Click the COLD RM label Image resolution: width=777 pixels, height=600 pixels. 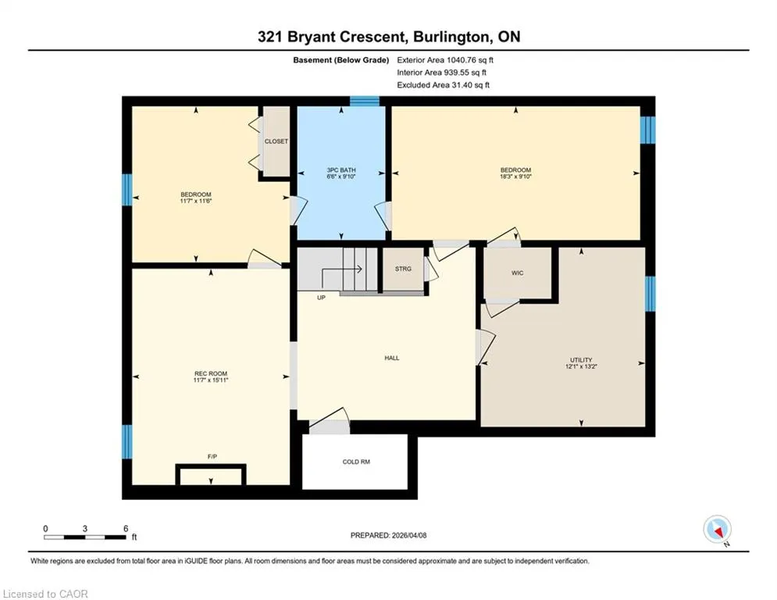pos(356,462)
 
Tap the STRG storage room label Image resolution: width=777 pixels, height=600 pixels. pos(403,269)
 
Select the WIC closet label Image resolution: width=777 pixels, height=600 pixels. pos(517,273)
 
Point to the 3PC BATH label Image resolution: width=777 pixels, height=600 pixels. pos(341,170)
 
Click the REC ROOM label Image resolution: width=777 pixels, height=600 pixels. pos(211,373)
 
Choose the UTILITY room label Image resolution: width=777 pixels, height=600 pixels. pos(581,360)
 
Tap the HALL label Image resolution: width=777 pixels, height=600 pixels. pos(391,358)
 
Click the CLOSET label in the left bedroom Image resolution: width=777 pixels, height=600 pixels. pos(276,141)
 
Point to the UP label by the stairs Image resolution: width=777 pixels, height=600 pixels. pos(321,298)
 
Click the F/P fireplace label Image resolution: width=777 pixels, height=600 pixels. pos(212,457)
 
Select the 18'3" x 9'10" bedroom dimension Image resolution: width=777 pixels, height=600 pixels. pos(515,176)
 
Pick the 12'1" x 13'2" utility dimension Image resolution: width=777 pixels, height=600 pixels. pos(581,366)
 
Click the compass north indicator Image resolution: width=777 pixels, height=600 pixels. pos(718,530)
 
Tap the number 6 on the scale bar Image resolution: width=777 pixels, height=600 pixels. pos(126,529)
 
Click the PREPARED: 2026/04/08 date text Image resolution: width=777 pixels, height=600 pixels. pos(388,535)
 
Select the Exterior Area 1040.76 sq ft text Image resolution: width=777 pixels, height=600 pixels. pos(445,60)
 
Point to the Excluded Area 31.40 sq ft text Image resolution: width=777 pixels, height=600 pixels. pos(443,85)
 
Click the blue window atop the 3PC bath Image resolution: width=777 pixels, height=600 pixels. pos(365,101)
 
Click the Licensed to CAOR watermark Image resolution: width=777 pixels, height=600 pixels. pos(45,594)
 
